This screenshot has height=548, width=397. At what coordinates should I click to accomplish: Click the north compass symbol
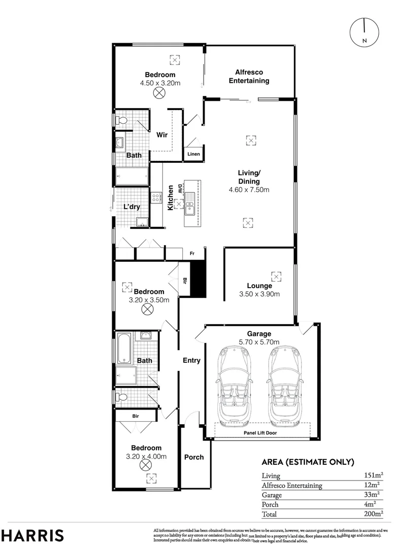(365, 32)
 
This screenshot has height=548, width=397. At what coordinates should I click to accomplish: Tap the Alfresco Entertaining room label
(249, 77)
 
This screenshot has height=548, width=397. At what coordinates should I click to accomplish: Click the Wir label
(162, 135)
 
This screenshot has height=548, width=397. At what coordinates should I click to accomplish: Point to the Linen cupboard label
(193, 154)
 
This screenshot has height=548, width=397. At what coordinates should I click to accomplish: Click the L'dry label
(131, 207)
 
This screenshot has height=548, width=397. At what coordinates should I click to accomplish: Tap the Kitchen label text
(171, 198)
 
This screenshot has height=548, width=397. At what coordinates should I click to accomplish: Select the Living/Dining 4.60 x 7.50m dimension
(249, 190)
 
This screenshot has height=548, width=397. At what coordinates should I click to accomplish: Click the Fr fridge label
(192, 253)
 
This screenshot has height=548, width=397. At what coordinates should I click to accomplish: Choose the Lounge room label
(259, 286)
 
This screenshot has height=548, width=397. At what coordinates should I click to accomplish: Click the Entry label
(191, 361)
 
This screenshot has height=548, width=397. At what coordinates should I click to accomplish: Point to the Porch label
(193, 457)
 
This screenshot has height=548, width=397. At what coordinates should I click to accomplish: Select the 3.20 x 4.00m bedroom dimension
(146, 457)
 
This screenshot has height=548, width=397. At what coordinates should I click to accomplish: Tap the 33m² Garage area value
(374, 495)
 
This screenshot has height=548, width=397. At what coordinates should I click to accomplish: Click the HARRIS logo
(32, 535)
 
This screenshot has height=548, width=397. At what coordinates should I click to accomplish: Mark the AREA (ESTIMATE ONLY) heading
(307, 462)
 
